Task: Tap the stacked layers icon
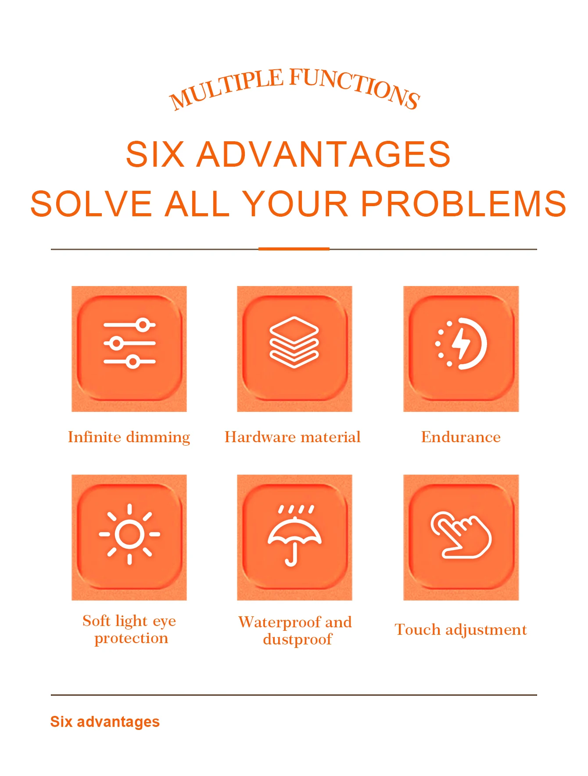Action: pyautogui.click(x=294, y=342)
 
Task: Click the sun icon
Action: pyautogui.click(x=129, y=534)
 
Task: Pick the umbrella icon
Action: pyautogui.click(x=294, y=536)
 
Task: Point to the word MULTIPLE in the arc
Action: pyautogui.click(x=226, y=89)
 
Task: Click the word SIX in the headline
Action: pyautogui.click(x=155, y=154)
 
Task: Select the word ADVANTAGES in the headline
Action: pyautogui.click(x=323, y=154)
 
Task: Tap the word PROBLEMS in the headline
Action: pyautogui.click(x=464, y=204)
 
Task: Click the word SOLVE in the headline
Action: pyautogui.click(x=91, y=204)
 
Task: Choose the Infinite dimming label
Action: pyautogui.click(x=129, y=437)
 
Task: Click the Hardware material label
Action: pyautogui.click(x=293, y=437)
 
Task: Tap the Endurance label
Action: pyautogui.click(x=461, y=437)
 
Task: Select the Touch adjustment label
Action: pyautogui.click(x=461, y=630)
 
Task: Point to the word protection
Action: pyautogui.click(x=131, y=639)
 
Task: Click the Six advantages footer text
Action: pyautogui.click(x=105, y=722)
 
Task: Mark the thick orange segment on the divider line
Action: pyautogui.click(x=294, y=249)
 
